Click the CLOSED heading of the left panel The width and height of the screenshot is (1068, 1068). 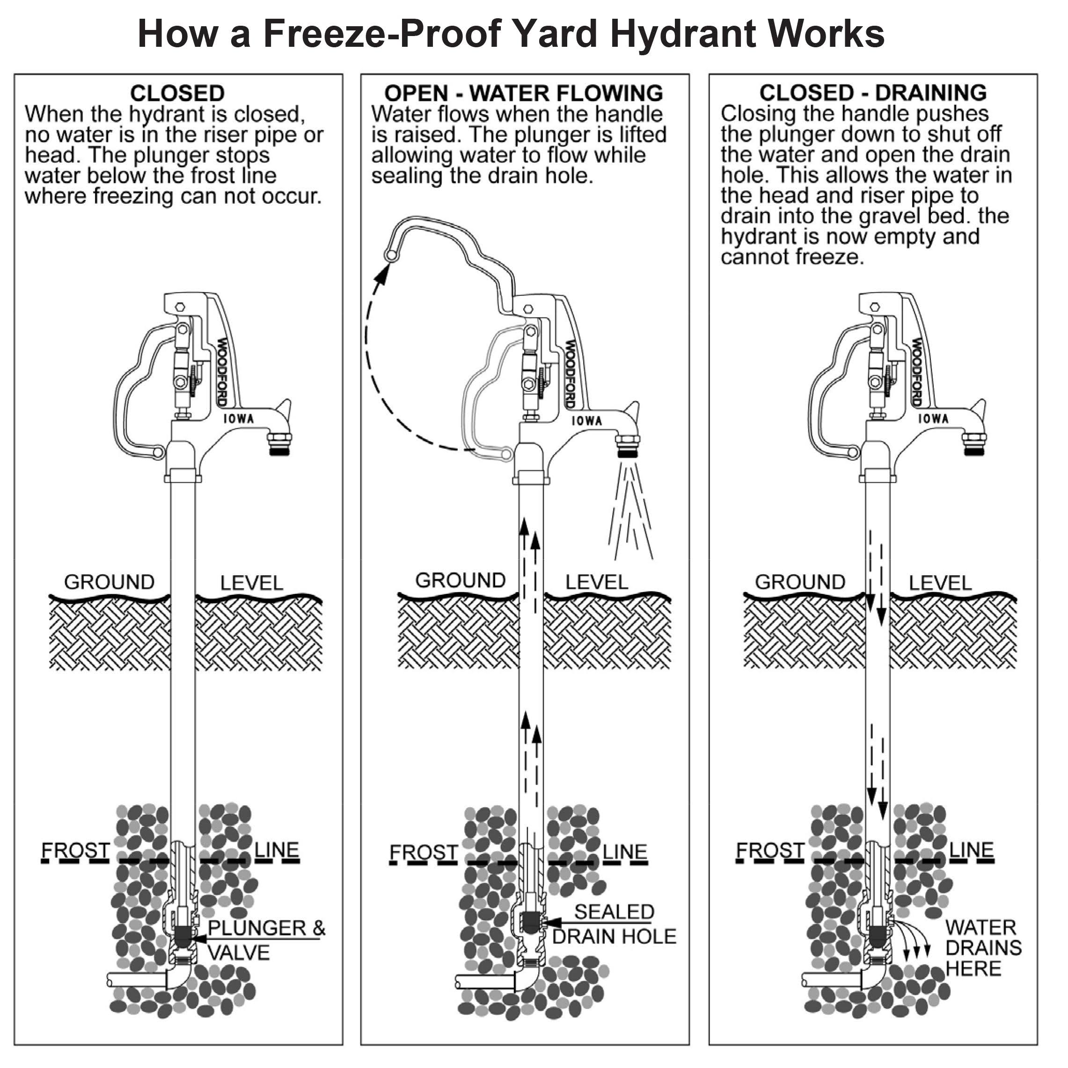177,93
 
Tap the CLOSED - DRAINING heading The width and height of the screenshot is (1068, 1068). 873,92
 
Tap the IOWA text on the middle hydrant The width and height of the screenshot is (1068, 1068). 586,421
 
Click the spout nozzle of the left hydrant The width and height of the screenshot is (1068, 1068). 279,444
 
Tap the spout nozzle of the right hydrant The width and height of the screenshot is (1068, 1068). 974,444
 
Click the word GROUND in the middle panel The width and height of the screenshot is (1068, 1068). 460,580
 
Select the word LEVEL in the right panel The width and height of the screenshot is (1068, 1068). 940,583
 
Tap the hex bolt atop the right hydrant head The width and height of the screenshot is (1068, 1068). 875,307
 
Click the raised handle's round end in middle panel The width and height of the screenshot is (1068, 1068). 391,255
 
